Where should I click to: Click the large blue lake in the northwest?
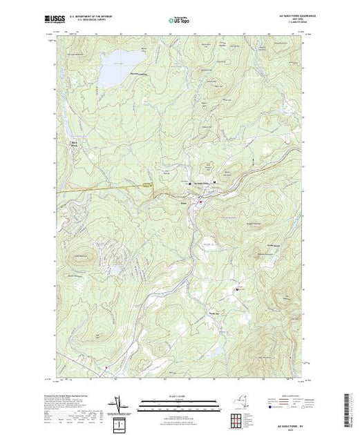click(x=113, y=68)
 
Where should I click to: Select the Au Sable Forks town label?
click(x=202, y=182)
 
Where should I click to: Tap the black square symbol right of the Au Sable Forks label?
click(x=215, y=182)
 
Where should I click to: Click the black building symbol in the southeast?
click(x=237, y=289)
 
